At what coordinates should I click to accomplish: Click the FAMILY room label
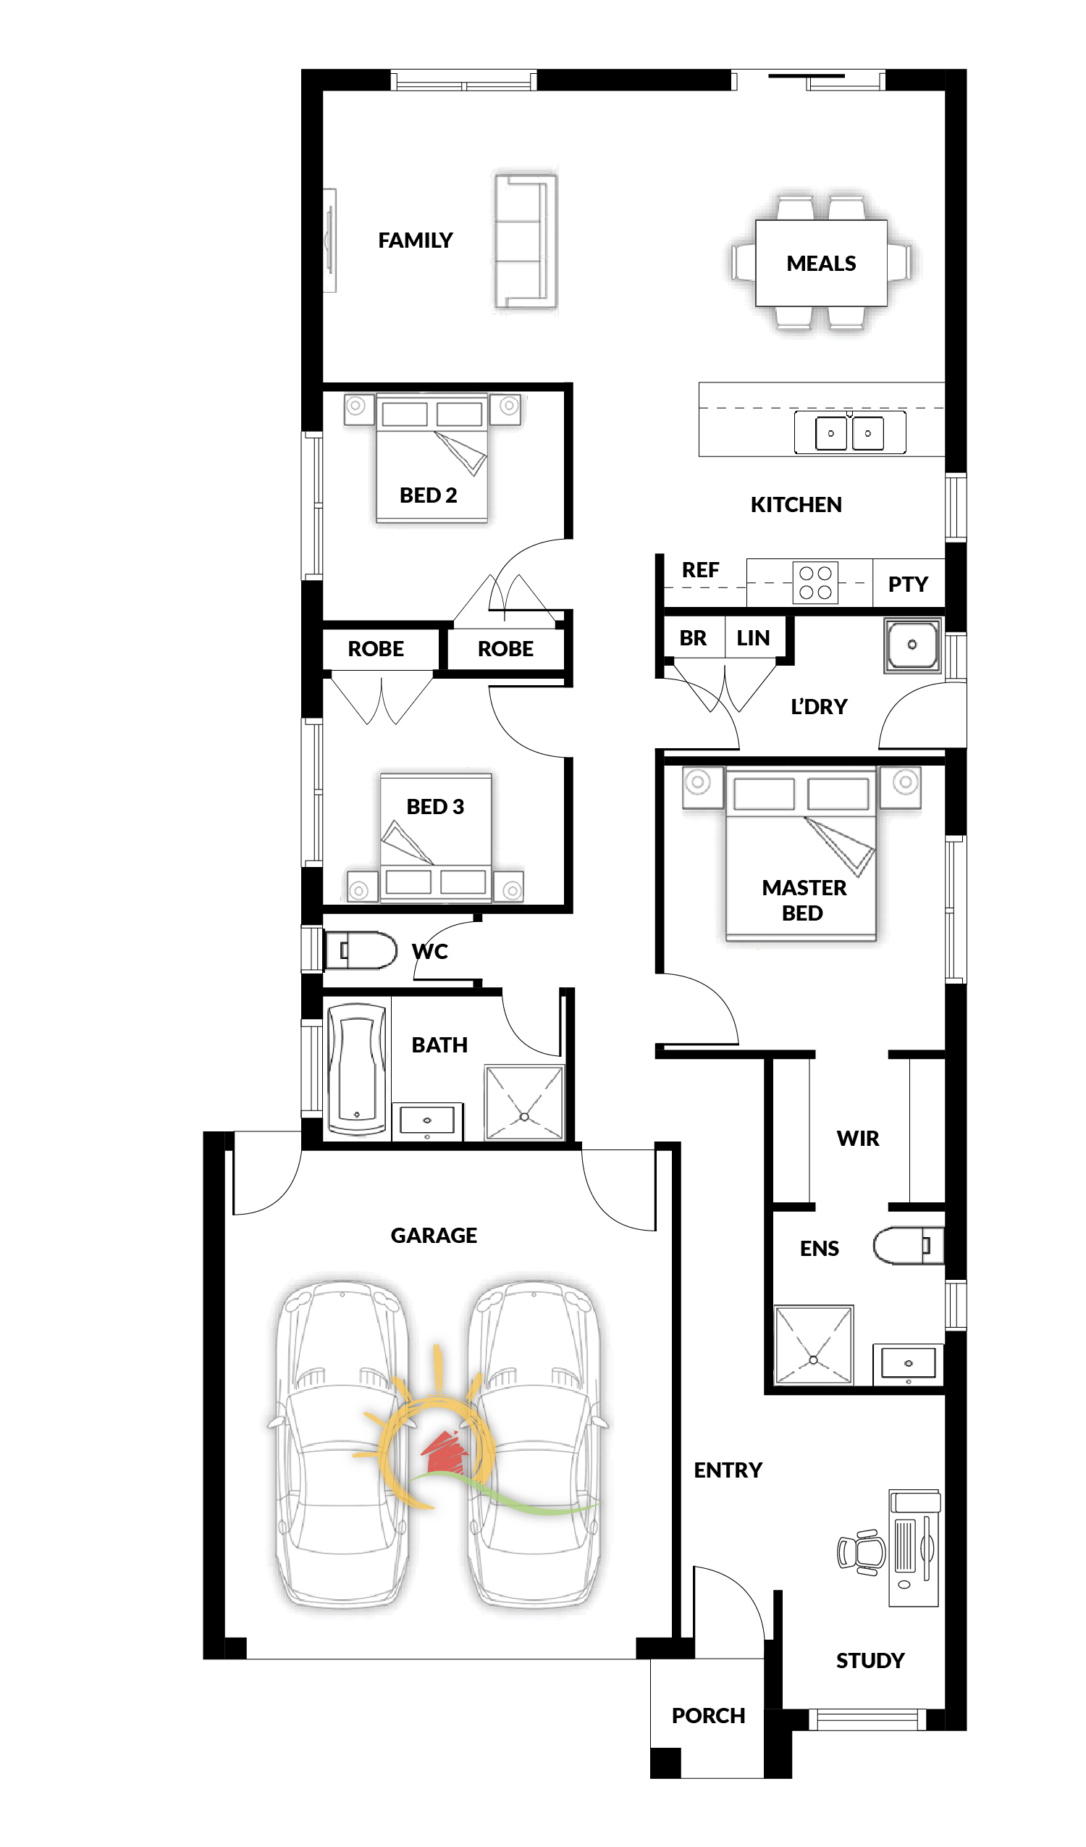click(x=416, y=240)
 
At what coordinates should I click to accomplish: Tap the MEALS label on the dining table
click(x=822, y=264)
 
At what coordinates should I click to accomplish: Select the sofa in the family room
click(x=526, y=241)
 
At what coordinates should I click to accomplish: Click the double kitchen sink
click(x=850, y=432)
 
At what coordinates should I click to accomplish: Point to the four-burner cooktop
click(x=816, y=582)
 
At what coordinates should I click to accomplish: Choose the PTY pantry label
click(x=908, y=584)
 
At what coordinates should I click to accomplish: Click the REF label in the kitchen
click(x=701, y=570)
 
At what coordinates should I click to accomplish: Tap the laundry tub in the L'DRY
click(x=912, y=645)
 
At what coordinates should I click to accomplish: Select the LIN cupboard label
click(x=753, y=638)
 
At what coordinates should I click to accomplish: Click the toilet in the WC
click(x=360, y=950)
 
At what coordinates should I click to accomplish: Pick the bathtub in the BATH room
click(x=357, y=1071)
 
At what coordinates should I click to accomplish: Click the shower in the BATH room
click(x=525, y=1103)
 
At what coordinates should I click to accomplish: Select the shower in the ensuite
click(x=813, y=1345)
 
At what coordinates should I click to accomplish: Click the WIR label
click(x=858, y=1138)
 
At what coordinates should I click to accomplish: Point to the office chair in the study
click(x=862, y=1551)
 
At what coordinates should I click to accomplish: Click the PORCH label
click(x=709, y=1716)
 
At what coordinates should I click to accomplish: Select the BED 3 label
click(x=435, y=807)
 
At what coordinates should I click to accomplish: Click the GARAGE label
click(x=434, y=1236)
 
